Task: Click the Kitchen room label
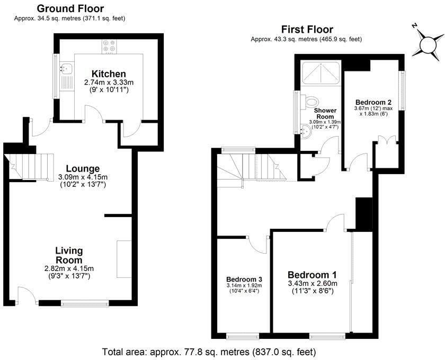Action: tap(109, 74)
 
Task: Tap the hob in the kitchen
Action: tap(109, 46)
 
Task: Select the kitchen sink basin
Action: tap(66, 68)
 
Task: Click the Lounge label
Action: tap(83, 168)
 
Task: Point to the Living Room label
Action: tap(69, 255)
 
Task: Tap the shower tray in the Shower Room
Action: tap(321, 73)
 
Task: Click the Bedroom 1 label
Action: tap(312, 275)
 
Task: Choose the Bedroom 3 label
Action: tap(244, 280)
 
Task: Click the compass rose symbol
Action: tap(428, 45)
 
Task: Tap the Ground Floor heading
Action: tap(70, 8)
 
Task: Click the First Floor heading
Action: tap(307, 29)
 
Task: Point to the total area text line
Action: tap(209, 352)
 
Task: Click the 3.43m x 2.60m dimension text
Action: tap(313, 283)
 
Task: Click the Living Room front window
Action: tap(85, 304)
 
